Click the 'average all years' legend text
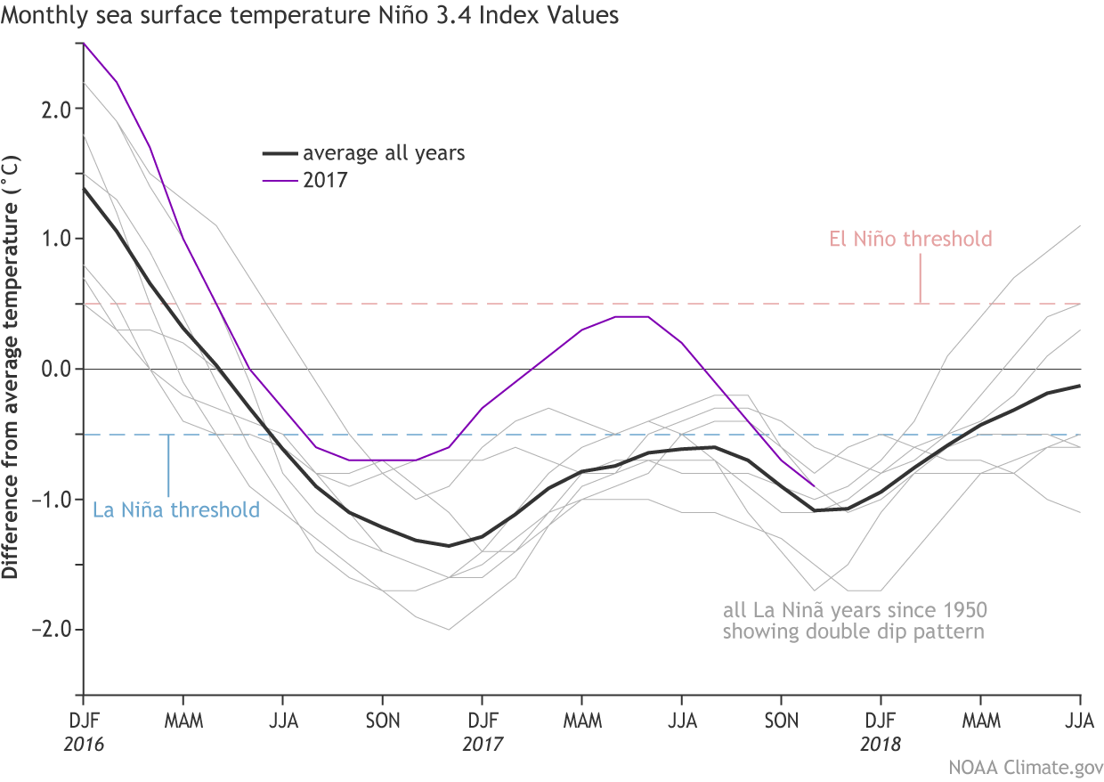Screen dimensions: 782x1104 (384, 153)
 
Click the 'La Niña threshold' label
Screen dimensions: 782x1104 (176, 510)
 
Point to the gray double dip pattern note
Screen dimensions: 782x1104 (856, 622)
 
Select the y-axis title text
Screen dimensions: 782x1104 (11, 369)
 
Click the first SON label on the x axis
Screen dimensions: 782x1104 (382, 719)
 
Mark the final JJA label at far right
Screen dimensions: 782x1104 (1079, 719)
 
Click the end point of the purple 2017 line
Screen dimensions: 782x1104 (815, 486)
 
